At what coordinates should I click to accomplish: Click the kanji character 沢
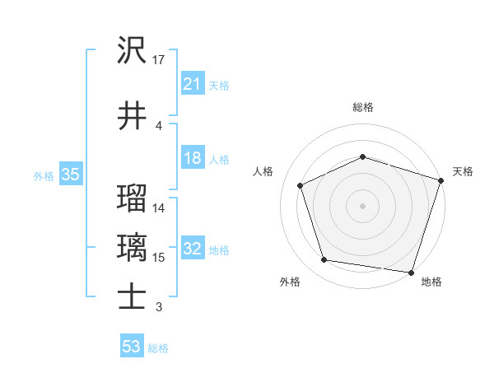pyautogui.click(x=132, y=51)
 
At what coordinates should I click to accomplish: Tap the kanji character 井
pyautogui.click(x=132, y=116)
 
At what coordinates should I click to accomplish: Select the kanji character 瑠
pyautogui.click(x=132, y=198)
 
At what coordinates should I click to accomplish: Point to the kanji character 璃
pyautogui.click(x=132, y=247)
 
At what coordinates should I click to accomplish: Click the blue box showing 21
pyautogui.click(x=192, y=83)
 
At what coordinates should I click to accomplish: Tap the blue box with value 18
pyautogui.click(x=192, y=158)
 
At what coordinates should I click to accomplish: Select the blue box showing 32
pyautogui.click(x=192, y=249)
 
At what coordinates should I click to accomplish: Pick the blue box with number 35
pyautogui.click(x=69, y=175)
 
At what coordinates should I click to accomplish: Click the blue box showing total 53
pyautogui.click(x=132, y=347)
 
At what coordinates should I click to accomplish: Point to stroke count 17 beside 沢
pyautogui.click(x=159, y=59)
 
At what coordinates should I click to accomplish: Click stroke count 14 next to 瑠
pyautogui.click(x=159, y=207)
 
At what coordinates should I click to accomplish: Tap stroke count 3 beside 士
pyautogui.click(x=158, y=307)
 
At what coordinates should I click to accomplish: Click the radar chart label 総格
pyautogui.click(x=362, y=107)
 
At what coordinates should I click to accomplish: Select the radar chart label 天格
pyautogui.click(x=464, y=171)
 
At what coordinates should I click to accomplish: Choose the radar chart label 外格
pyautogui.click(x=290, y=282)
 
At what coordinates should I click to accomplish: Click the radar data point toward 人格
pyautogui.click(x=301, y=185)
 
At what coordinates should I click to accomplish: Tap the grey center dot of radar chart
pyautogui.click(x=362, y=205)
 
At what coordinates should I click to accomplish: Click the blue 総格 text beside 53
pyautogui.click(x=158, y=348)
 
